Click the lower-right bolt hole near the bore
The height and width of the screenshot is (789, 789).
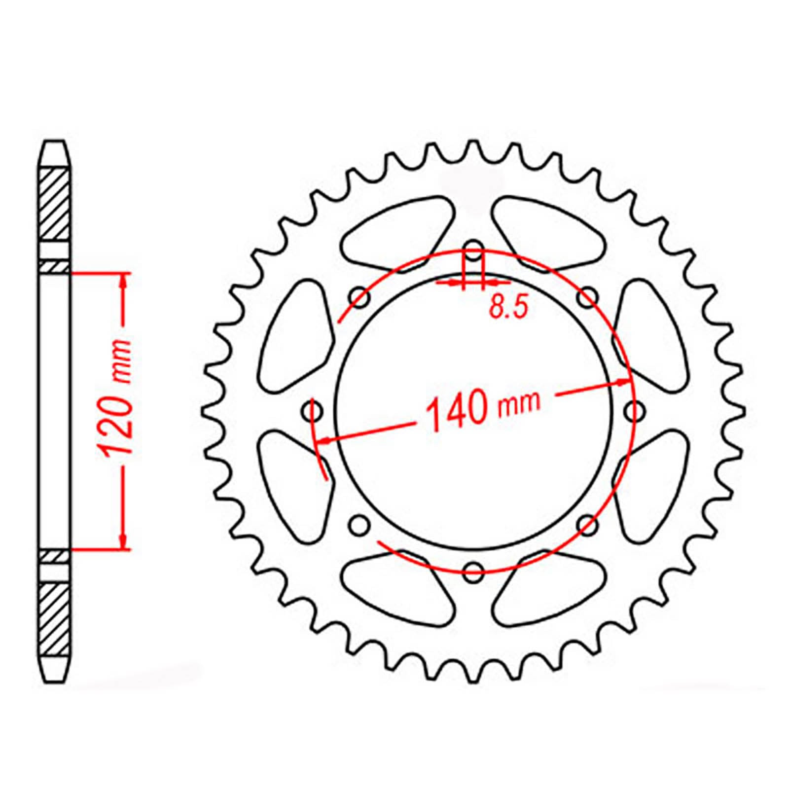(588, 524)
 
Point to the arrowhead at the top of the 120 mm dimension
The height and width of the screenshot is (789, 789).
(123, 279)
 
